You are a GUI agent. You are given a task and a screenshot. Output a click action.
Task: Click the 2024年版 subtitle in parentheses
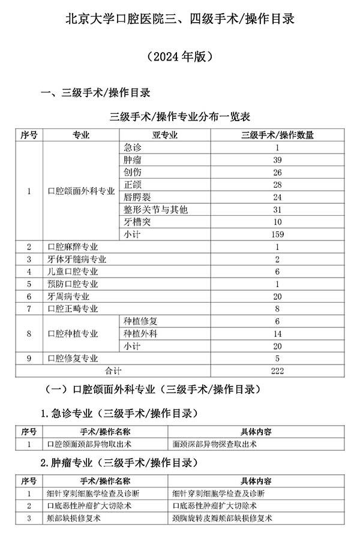(x=179, y=58)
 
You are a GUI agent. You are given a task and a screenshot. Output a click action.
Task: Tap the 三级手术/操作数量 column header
(x=277, y=135)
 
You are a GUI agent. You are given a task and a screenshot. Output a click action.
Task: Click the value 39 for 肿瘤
(x=277, y=160)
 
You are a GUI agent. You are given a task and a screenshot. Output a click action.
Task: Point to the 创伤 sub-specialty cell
(x=133, y=173)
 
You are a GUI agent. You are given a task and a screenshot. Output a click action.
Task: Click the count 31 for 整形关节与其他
(x=277, y=209)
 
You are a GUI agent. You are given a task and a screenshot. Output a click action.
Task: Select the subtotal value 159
(x=277, y=234)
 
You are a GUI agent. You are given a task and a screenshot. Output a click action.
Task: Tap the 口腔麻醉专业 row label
(x=73, y=246)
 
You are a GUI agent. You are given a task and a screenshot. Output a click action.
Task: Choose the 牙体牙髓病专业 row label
(x=76, y=259)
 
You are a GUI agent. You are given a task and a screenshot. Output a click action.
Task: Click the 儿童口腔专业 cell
(x=73, y=272)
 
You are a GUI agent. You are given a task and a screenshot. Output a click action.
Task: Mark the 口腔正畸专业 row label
(x=73, y=309)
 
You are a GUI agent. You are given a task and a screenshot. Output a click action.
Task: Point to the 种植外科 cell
(x=139, y=333)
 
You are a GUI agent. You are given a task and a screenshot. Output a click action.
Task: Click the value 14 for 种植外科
(x=277, y=333)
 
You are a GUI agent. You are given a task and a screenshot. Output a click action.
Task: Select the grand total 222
(x=277, y=371)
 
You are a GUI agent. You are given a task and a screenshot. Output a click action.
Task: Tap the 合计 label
(x=113, y=371)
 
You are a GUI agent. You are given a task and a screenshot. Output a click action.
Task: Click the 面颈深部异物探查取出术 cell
(x=214, y=444)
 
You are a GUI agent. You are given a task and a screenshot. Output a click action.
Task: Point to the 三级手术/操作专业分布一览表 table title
(x=180, y=117)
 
